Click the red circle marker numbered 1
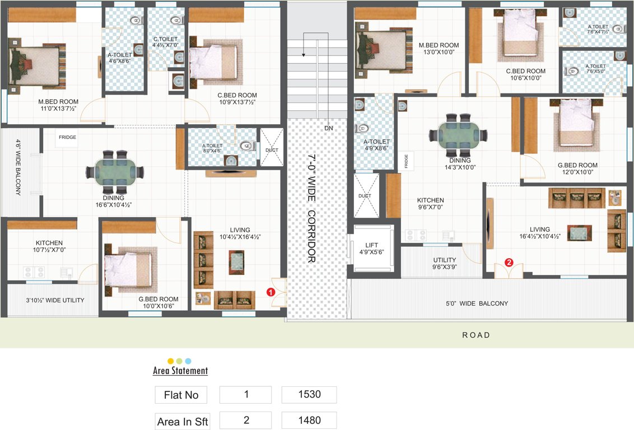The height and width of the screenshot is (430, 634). (x=270, y=292)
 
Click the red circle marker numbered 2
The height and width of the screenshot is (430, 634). (x=509, y=261)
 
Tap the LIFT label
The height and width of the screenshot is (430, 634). (x=372, y=249)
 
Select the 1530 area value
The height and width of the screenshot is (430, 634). (x=309, y=394)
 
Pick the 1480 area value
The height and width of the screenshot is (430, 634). (x=309, y=420)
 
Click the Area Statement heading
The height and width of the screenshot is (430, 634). (x=180, y=371)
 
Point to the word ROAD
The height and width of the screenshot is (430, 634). (x=476, y=335)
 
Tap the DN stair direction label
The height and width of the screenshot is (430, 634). (x=329, y=128)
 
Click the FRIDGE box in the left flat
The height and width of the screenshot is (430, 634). (x=67, y=138)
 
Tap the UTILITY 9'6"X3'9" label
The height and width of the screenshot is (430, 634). (x=444, y=263)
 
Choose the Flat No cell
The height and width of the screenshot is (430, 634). (x=181, y=395)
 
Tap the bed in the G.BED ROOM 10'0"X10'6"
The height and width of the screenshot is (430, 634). (x=128, y=267)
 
